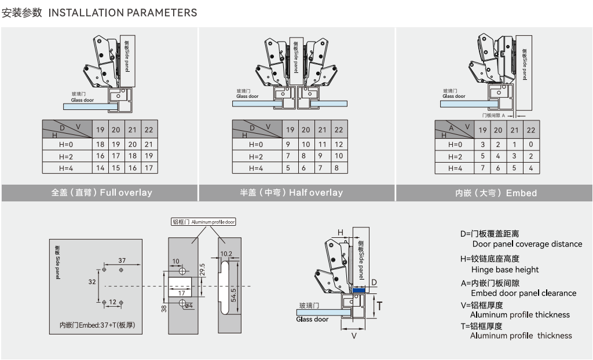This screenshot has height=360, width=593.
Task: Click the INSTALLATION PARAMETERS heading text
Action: (123, 13)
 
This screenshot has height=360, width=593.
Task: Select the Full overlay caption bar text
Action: (102, 193)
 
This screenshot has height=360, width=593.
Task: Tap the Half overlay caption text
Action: (291, 193)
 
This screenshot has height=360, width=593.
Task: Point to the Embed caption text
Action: (496, 193)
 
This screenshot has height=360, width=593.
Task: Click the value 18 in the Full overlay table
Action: (100, 144)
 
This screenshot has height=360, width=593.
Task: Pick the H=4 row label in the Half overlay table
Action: (256, 168)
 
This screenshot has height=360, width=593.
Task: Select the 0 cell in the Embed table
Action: (531, 144)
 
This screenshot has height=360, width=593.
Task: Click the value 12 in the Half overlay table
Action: (339, 144)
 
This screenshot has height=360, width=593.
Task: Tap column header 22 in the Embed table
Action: (531, 130)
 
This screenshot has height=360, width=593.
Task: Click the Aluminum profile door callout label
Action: (203, 222)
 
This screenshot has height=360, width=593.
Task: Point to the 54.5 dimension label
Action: (233, 295)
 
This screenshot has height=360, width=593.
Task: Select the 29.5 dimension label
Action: (202, 269)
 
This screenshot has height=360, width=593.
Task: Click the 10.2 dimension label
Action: (226, 254)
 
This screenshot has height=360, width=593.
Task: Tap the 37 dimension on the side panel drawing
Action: (122, 260)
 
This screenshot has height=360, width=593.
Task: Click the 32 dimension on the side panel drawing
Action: (92, 282)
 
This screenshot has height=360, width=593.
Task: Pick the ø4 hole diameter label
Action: (189, 305)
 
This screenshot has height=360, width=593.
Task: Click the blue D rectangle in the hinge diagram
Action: (359, 291)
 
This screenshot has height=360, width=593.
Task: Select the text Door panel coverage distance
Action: (527, 244)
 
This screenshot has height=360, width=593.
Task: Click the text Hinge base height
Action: (505, 270)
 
